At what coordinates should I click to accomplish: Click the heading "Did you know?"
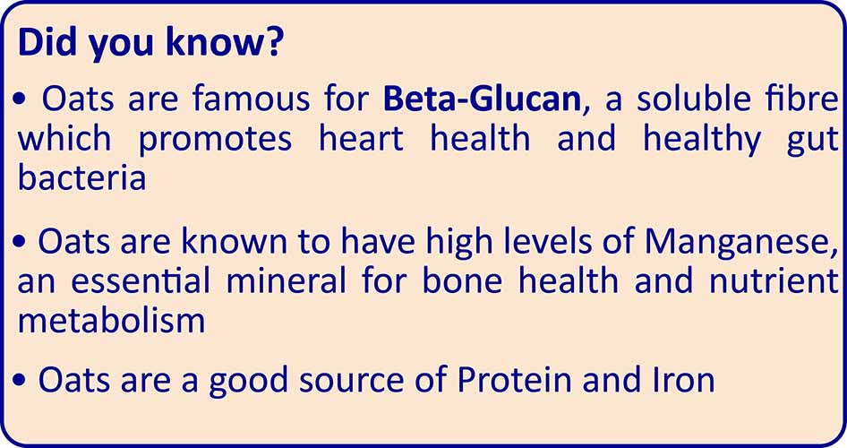point(150,44)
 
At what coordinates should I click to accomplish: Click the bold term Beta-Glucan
point(482,99)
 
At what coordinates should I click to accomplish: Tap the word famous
point(251,99)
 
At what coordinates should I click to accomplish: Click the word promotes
point(215,139)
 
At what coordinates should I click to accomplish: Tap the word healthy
point(701,141)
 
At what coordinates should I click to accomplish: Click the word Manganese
point(737,244)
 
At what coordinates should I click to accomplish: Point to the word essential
point(140,280)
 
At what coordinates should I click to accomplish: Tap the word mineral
point(286,280)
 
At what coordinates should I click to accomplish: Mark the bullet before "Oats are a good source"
point(20,381)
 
